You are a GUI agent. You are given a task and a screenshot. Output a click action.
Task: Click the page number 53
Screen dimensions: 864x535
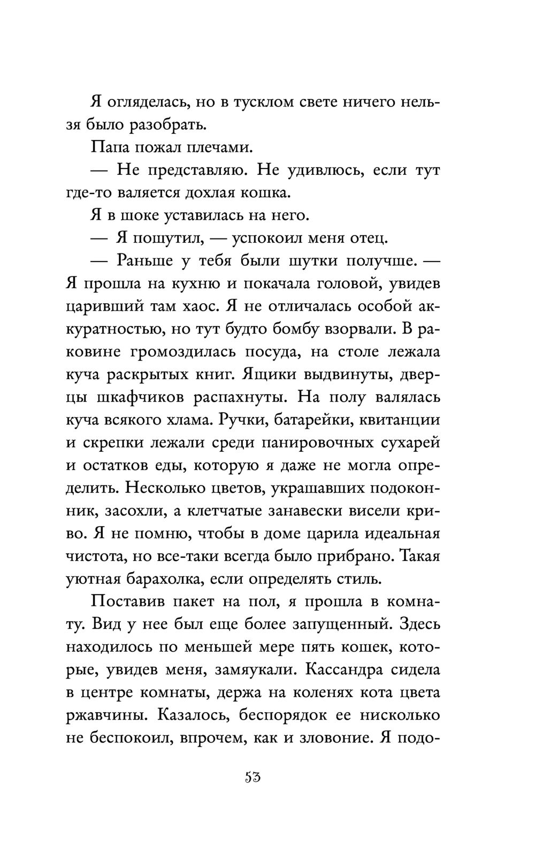[252, 777]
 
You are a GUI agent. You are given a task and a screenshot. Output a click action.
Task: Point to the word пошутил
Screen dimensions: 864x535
[160, 238]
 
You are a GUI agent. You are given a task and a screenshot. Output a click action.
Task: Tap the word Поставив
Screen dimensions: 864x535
[127, 601]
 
